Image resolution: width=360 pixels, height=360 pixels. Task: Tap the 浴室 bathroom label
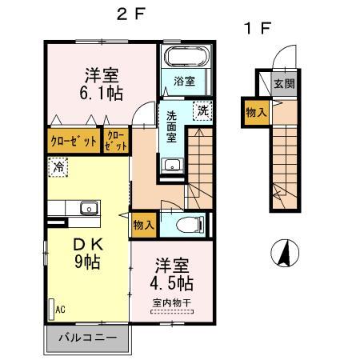pos(185,80)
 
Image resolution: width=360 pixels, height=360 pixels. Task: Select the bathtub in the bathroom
pos(184,58)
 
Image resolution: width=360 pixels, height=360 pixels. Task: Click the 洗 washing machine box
pos(203,111)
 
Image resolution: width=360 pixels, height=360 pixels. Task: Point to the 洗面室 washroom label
pos(171,126)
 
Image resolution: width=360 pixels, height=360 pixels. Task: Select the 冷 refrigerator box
pos(58,167)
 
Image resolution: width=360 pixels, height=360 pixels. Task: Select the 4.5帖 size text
pos(173,282)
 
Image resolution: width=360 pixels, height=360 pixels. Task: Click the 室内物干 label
pos(173,302)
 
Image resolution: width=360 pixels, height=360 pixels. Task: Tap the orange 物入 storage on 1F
pos(256,113)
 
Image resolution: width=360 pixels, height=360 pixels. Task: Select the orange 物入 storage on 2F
pos(144,226)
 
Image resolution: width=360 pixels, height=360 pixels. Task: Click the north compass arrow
pos(283,254)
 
